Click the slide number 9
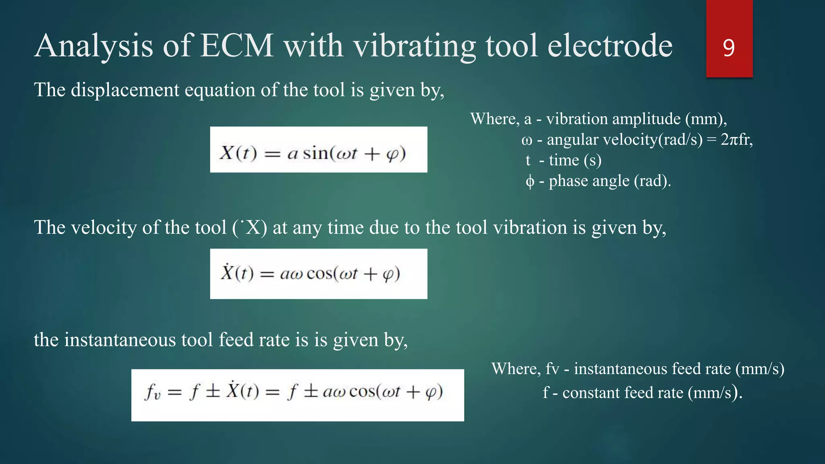729,48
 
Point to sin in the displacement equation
315,153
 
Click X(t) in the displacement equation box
238,153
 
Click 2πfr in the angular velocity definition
736,139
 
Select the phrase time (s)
575,160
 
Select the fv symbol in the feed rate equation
153,391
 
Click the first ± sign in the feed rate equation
213,391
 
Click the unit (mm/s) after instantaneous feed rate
760,369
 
